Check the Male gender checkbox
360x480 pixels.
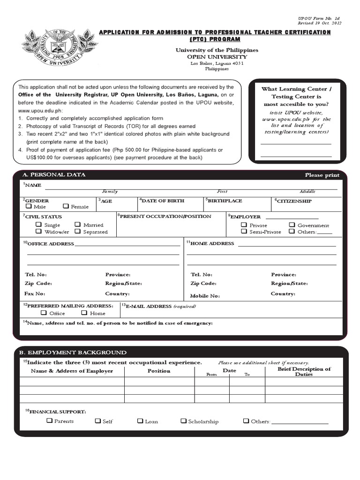[29, 206]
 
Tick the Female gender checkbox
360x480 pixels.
[66, 206]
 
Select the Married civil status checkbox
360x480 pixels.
[78, 225]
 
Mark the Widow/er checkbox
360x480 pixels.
[39, 232]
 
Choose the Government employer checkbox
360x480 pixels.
[292, 225]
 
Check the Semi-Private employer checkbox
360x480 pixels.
[244, 232]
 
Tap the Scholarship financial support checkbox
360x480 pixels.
[183, 421]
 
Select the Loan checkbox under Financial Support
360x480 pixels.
[140, 421]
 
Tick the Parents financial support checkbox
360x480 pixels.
[49, 421]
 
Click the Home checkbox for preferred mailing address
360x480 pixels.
[84, 313]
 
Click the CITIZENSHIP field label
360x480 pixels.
[294, 201]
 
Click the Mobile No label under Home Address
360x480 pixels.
[205, 296]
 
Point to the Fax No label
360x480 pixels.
[35, 293]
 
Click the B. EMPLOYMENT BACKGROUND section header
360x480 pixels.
[72, 352]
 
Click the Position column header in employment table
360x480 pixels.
[159, 371]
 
